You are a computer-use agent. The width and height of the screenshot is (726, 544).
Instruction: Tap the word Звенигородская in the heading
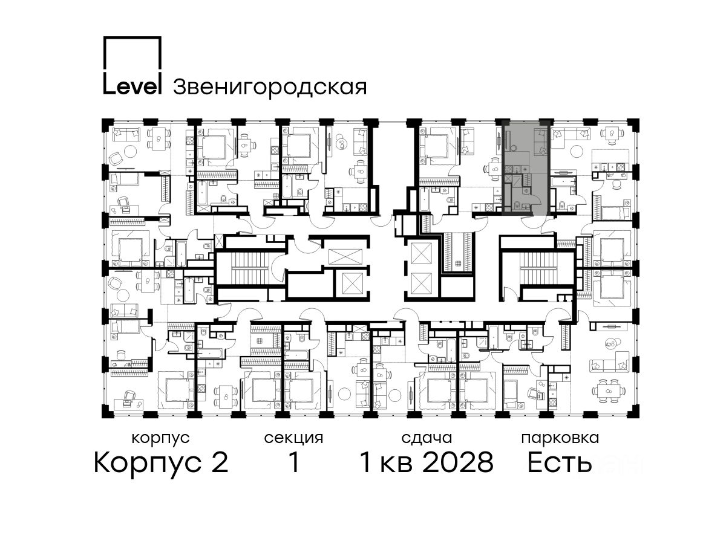[x=270, y=88]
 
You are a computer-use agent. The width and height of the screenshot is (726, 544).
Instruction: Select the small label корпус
[x=160, y=439]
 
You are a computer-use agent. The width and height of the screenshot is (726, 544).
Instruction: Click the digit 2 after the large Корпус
[x=218, y=462]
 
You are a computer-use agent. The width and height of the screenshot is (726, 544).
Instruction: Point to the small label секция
[x=293, y=439]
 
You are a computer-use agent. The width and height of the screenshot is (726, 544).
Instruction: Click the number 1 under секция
[x=293, y=462]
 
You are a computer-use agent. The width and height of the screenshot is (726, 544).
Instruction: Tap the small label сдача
[x=427, y=438]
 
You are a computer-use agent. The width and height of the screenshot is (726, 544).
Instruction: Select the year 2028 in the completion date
[x=458, y=462]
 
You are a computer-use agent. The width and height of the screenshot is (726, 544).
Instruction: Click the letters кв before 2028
[x=396, y=465]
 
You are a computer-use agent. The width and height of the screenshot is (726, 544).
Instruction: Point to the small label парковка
[x=560, y=439]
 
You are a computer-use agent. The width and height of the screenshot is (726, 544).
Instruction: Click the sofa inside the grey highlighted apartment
[x=540, y=141]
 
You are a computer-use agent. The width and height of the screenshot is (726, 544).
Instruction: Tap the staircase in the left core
[x=250, y=270]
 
